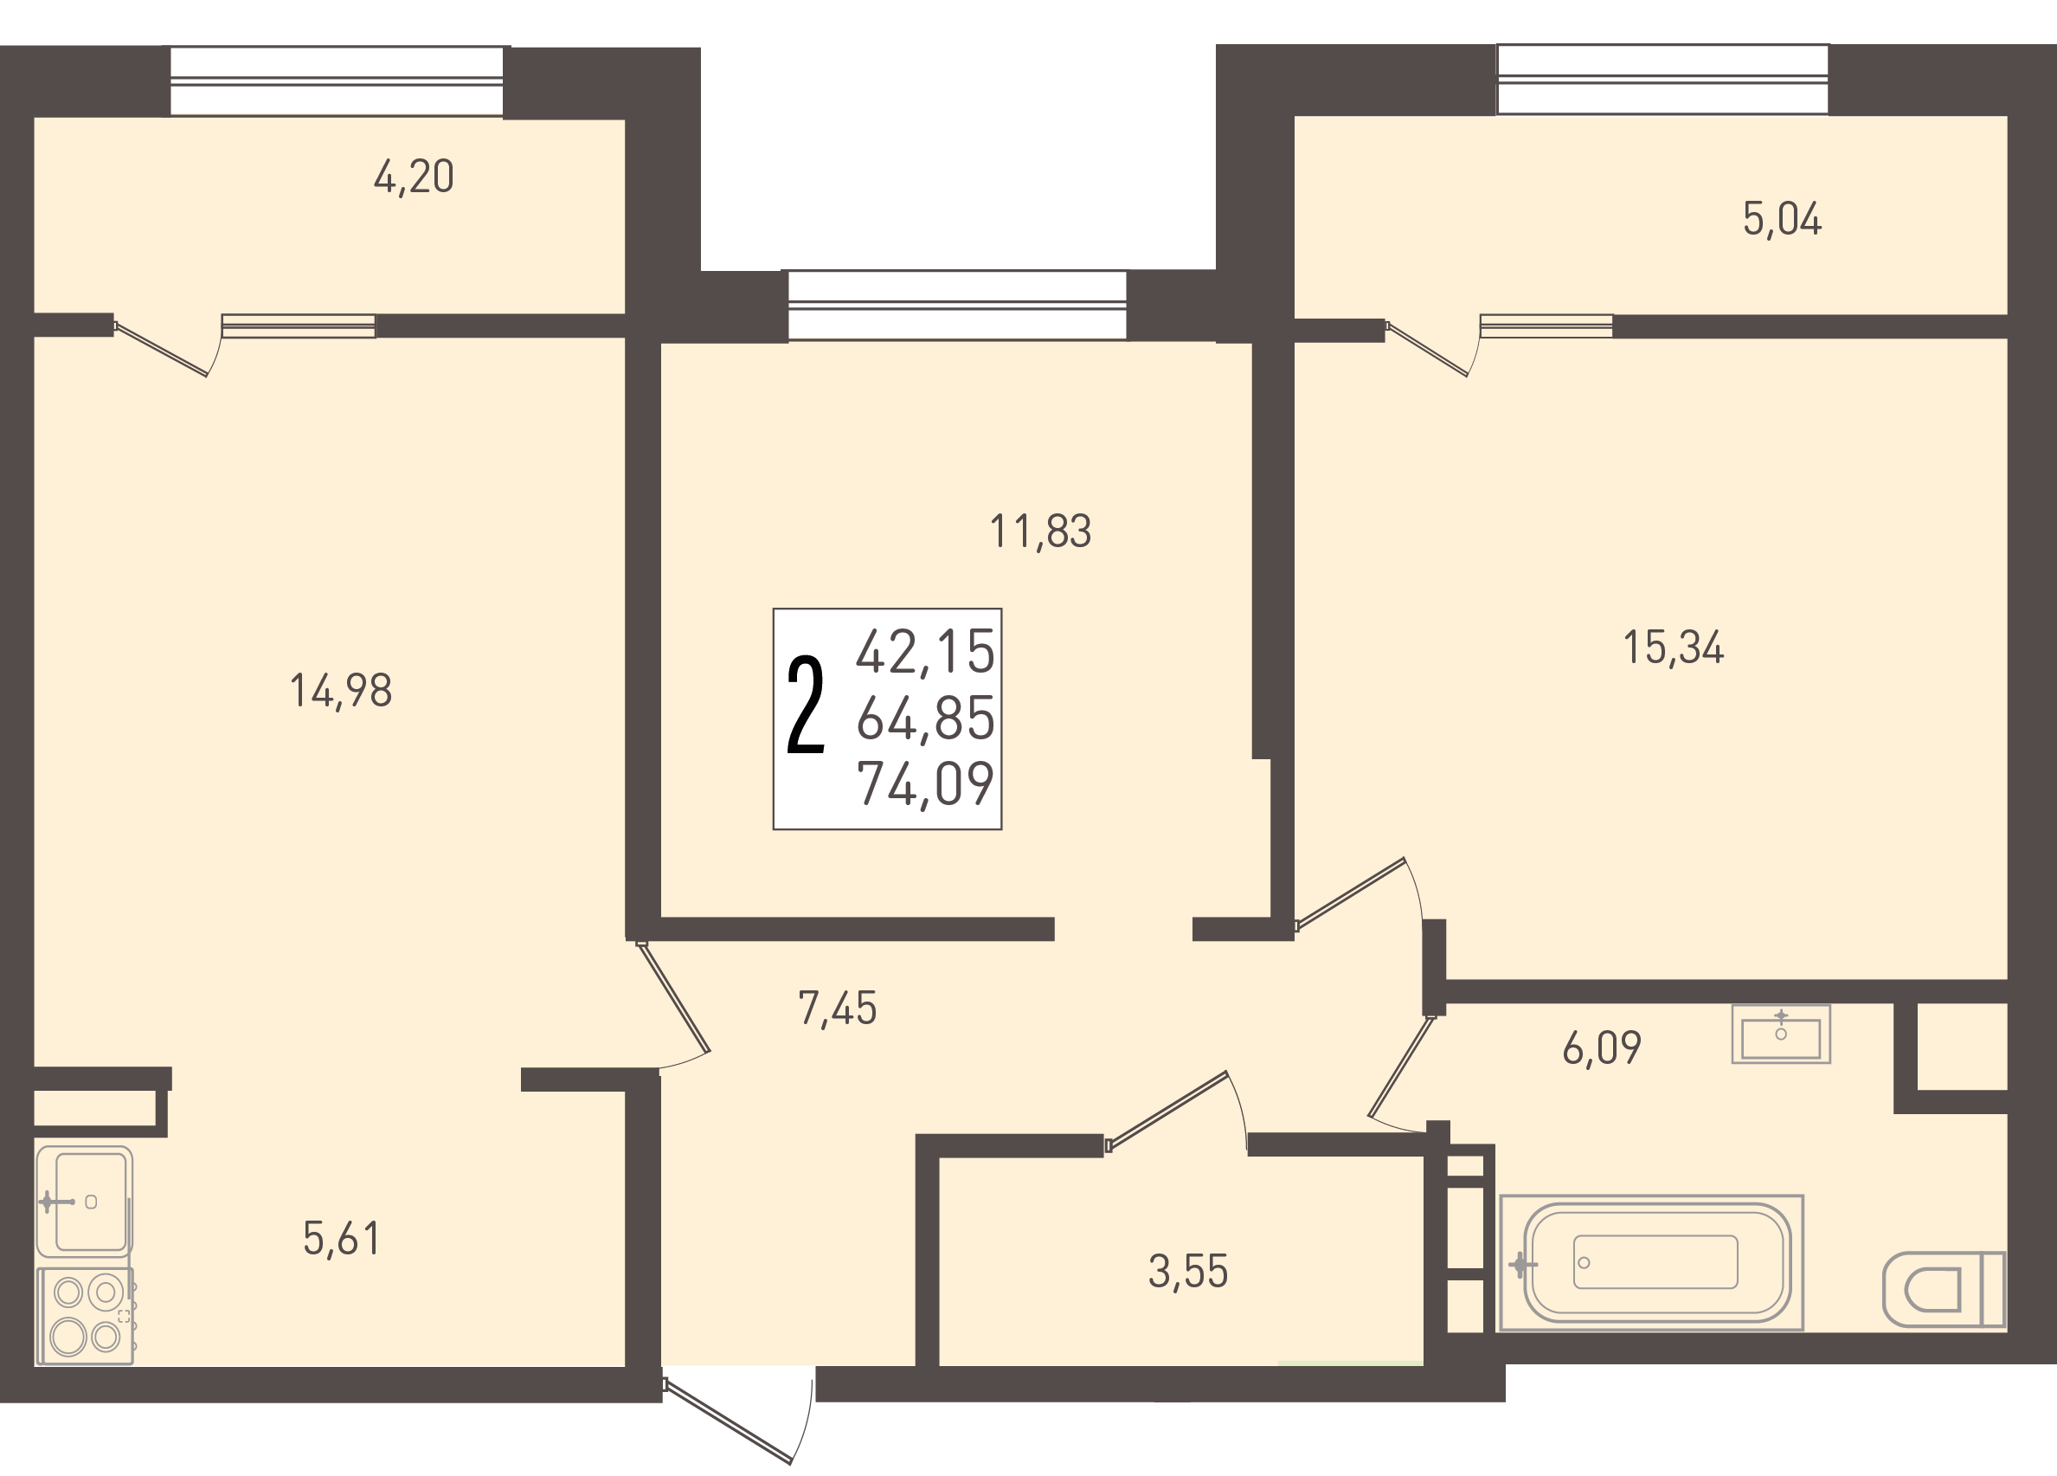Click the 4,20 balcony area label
tap(414, 177)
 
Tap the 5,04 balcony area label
tap(1782, 220)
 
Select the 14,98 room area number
tap(341, 692)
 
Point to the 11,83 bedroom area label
tap(1040, 532)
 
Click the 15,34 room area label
tap(1674, 648)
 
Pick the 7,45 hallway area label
tap(837, 1009)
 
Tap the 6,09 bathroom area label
tap(1602, 1047)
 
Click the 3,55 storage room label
tap(1188, 1272)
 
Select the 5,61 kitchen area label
tap(341, 1239)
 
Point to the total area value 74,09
tap(926, 783)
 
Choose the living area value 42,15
tap(926, 652)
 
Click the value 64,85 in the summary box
tap(926, 719)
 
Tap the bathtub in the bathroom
tap(1653, 1263)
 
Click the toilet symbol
tap(1945, 1289)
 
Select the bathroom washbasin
tap(1781, 1034)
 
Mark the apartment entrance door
tap(738, 1415)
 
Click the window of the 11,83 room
tap(957, 306)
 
